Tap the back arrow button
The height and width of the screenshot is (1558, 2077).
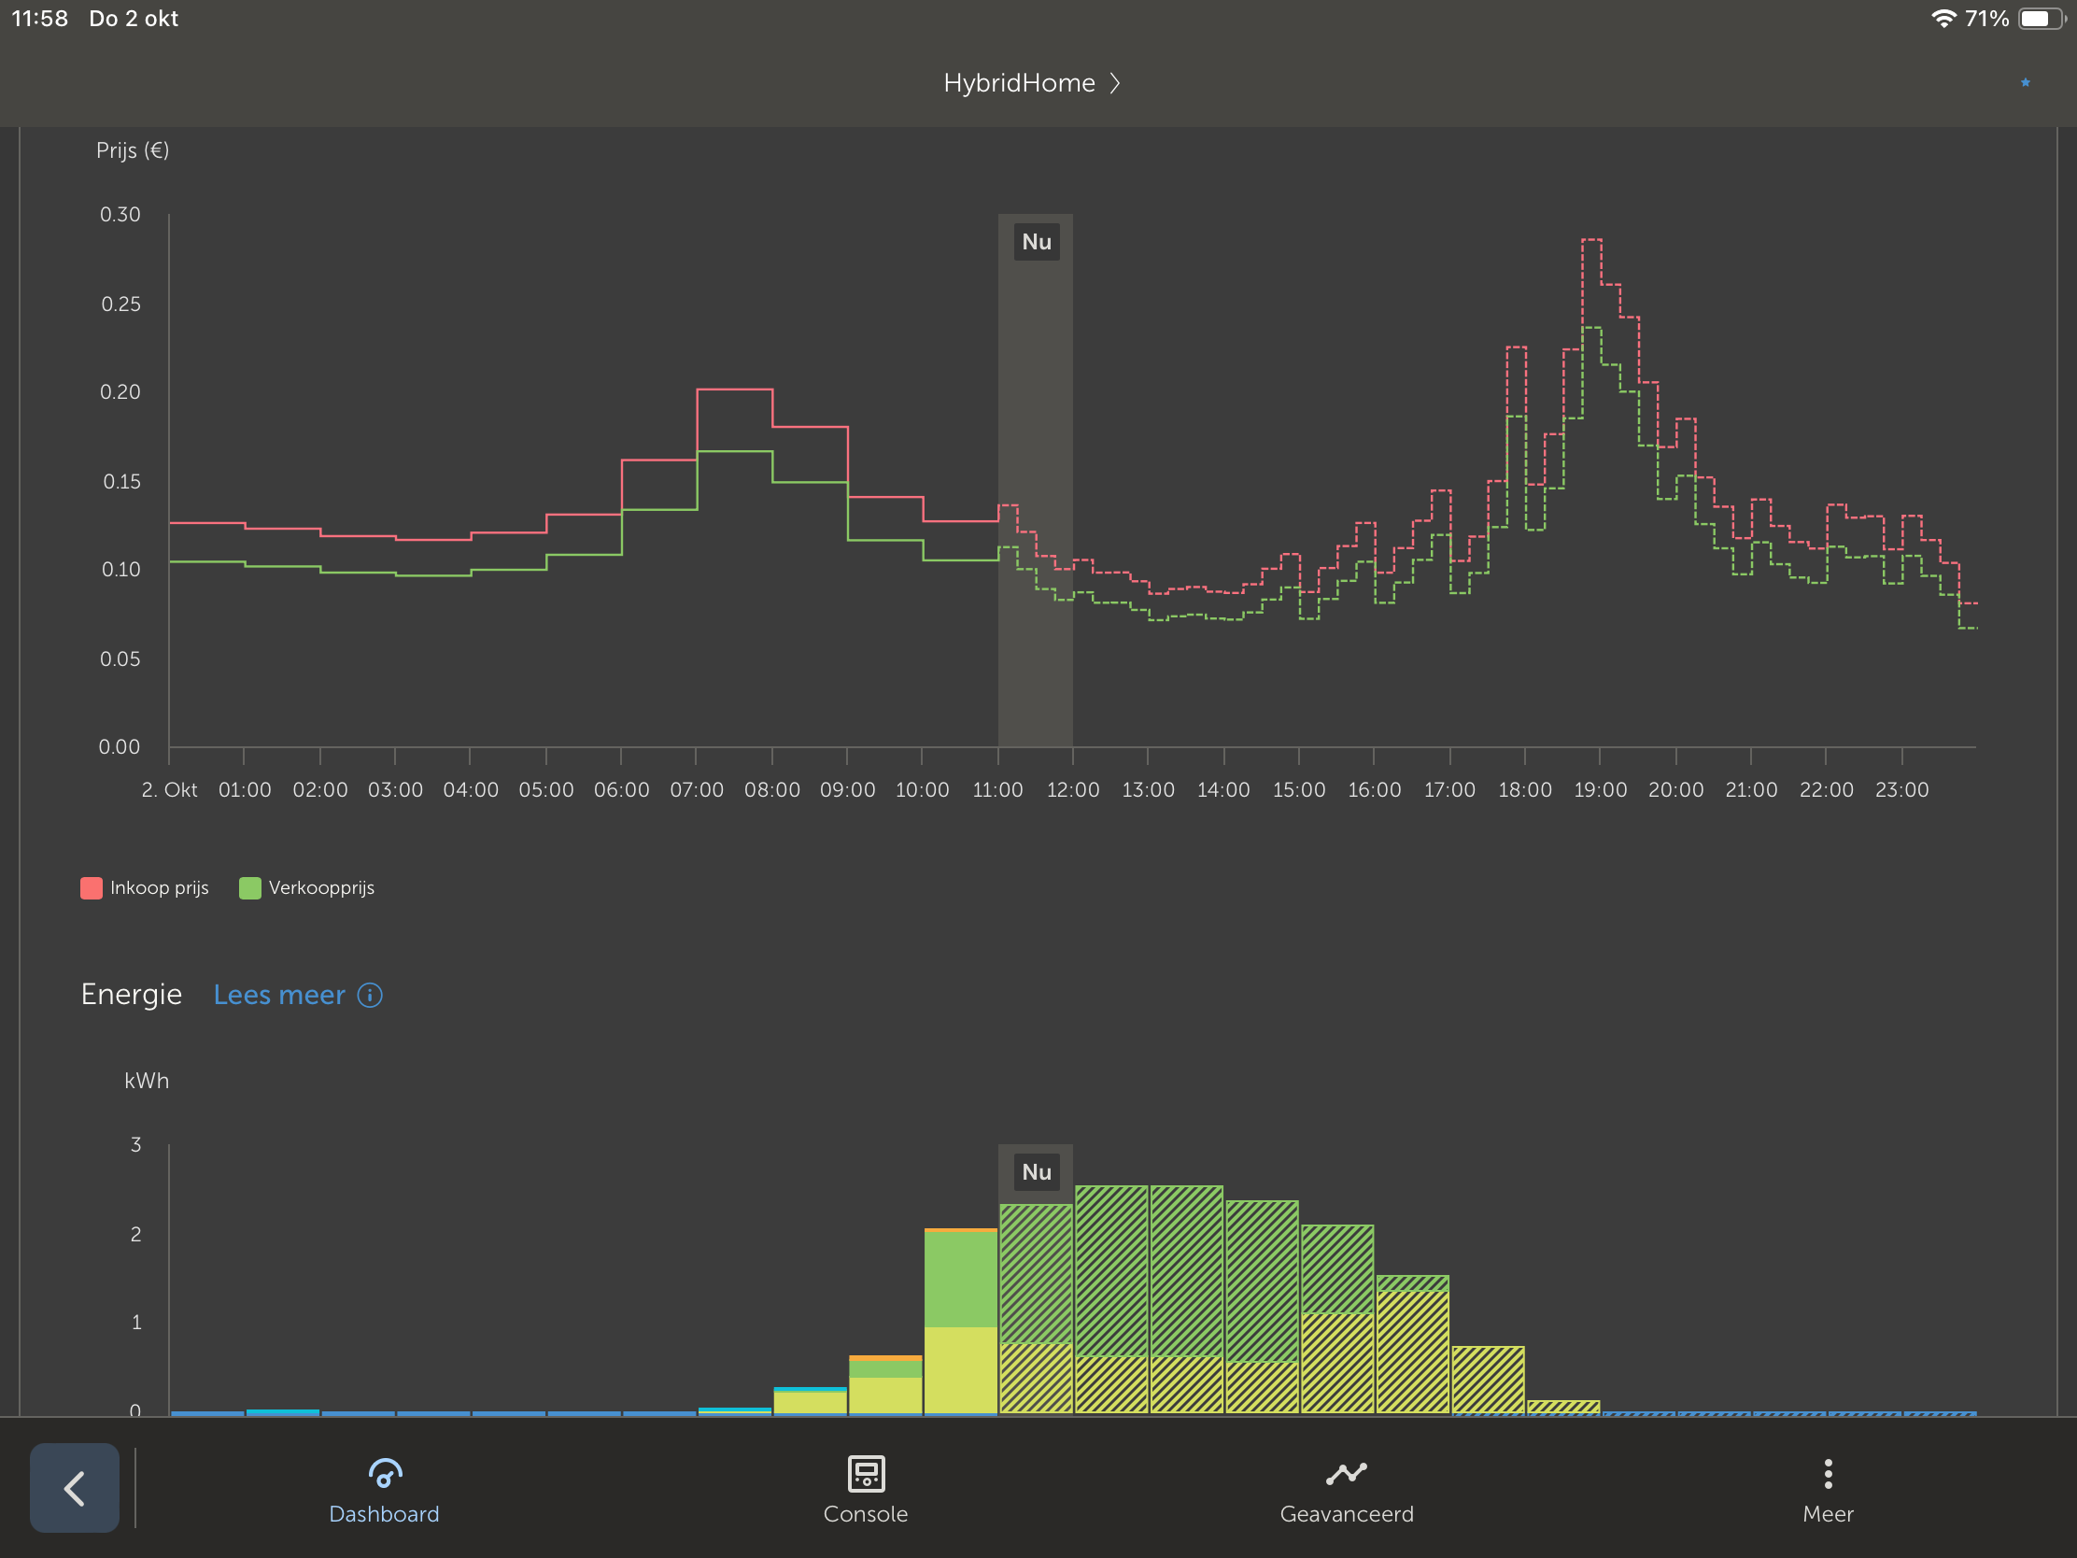(x=74, y=1488)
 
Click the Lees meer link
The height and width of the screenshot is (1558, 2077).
(x=280, y=995)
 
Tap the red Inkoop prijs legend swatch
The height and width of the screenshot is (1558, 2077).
(x=92, y=887)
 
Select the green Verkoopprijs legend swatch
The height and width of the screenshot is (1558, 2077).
(x=249, y=887)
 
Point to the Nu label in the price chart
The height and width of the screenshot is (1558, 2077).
(x=1036, y=242)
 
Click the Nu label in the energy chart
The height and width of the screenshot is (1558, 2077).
(x=1036, y=1172)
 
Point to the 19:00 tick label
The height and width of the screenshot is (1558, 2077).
(x=1600, y=790)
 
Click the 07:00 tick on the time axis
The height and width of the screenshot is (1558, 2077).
(x=696, y=790)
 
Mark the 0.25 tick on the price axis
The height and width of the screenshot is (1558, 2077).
(x=121, y=305)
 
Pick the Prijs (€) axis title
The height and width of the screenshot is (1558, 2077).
(x=133, y=150)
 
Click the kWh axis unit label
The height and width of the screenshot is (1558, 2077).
(x=147, y=1081)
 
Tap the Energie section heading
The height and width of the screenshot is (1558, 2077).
(x=132, y=994)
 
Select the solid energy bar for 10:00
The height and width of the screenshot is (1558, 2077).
(x=960, y=1322)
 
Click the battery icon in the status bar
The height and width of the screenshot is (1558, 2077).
(x=2041, y=19)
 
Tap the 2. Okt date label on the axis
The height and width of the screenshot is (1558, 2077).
(x=169, y=790)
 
